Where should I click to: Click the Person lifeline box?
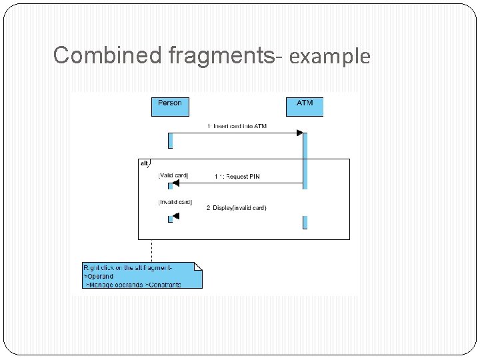pyautogui.click(x=170, y=107)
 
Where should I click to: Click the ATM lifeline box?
pyautogui.click(x=305, y=107)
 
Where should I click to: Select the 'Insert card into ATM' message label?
pyautogui.click(x=237, y=126)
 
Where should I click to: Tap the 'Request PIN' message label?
pyautogui.click(x=237, y=177)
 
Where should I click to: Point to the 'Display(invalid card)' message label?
pyautogui.click(x=236, y=208)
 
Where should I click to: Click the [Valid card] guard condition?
pyautogui.click(x=173, y=175)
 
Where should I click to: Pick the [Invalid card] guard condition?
pyautogui.click(x=175, y=201)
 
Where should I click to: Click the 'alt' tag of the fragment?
pyautogui.click(x=144, y=163)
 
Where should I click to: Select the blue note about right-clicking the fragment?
pyautogui.click(x=142, y=275)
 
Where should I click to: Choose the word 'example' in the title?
pyautogui.click(x=329, y=57)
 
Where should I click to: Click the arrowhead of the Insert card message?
pyautogui.click(x=299, y=133)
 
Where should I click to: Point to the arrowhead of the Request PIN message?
pyautogui.click(x=176, y=183)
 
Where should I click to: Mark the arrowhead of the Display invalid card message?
pyautogui.click(x=176, y=215)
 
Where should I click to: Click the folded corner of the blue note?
pyautogui.click(x=197, y=266)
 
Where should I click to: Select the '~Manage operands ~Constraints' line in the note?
pyautogui.click(x=133, y=285)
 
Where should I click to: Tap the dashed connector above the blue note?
pyautogui.click(x=151, y=250)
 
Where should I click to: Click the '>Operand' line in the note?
pyautogui.click(x=99, y=276)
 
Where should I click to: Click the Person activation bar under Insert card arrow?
pyautogui.click(x=171, y=140)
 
